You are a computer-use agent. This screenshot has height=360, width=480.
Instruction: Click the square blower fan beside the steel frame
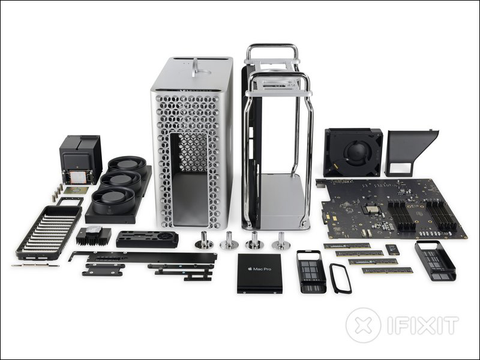point(353,152)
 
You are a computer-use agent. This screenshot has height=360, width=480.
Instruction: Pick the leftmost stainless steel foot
point(204,241)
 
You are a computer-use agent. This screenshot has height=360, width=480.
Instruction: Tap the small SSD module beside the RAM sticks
point(392,249)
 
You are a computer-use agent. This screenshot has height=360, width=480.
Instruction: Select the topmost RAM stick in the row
point(347,245)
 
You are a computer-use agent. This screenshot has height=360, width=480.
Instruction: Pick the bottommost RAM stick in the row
point(387,270)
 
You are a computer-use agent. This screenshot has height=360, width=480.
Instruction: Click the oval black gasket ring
point(340,278)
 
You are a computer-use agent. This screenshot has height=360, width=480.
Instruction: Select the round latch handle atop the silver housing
point(194,67)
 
